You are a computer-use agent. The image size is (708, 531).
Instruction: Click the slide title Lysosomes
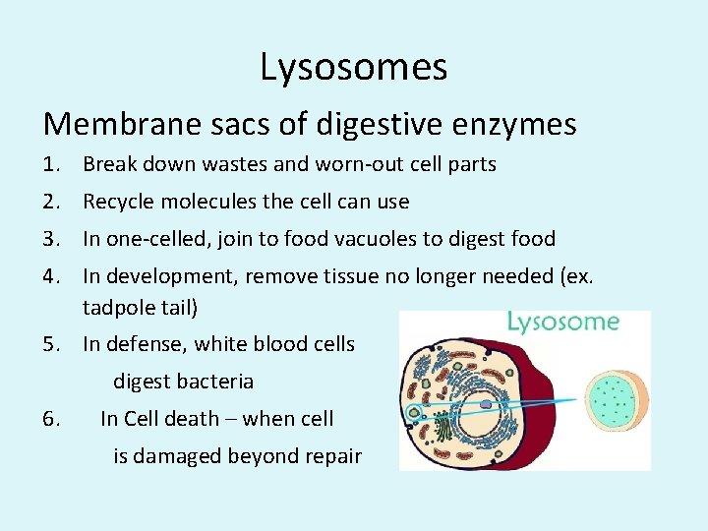pos(354,67)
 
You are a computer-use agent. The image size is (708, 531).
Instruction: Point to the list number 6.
pos(54,419)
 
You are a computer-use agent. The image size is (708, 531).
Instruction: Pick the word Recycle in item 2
pos(122,202)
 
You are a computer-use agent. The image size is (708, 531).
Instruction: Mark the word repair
pos(329,456)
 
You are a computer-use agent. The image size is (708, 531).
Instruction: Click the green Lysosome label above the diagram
pos(563,322)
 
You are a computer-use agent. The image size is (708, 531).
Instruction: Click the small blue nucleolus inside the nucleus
pos(486,403)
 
